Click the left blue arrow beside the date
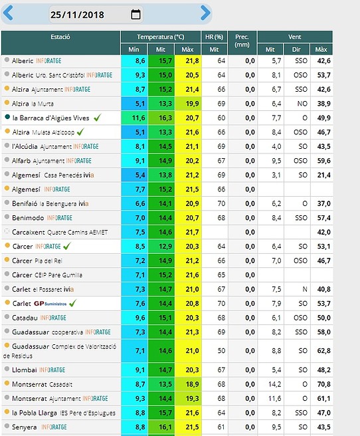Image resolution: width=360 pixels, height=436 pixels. (8, 13)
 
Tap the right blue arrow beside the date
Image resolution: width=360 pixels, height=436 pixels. (205, 13)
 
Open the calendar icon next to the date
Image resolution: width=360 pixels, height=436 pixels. (135, 14)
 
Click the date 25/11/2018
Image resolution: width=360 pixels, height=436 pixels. (77, 15)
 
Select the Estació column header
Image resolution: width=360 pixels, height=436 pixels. (60, 37)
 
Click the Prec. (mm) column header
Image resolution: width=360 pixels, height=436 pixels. (242, 41)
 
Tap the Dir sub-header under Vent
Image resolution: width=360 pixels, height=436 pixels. (296, 49)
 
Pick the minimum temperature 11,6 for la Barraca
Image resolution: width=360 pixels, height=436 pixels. (138, 118)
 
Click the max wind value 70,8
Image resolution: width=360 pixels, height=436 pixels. (324, 384)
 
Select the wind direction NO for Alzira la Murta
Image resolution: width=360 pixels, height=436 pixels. (302, 104)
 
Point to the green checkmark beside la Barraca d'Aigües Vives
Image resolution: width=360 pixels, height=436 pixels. (97, 118)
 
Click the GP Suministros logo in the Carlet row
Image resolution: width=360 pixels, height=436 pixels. (50, 303)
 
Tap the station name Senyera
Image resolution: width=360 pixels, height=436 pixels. (24, 427)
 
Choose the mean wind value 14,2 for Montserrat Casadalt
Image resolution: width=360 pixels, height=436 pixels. (274, 384)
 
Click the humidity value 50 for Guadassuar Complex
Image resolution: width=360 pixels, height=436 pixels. (221, 351)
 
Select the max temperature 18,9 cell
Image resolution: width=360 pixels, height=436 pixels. (192, 384)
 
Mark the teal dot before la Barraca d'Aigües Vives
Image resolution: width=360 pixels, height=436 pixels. (7, 117)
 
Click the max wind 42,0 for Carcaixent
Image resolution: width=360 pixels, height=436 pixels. (324, 232)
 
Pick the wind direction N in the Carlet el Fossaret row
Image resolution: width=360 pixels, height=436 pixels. (305, 289)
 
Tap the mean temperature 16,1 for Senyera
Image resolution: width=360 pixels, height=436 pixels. (165, 427)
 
